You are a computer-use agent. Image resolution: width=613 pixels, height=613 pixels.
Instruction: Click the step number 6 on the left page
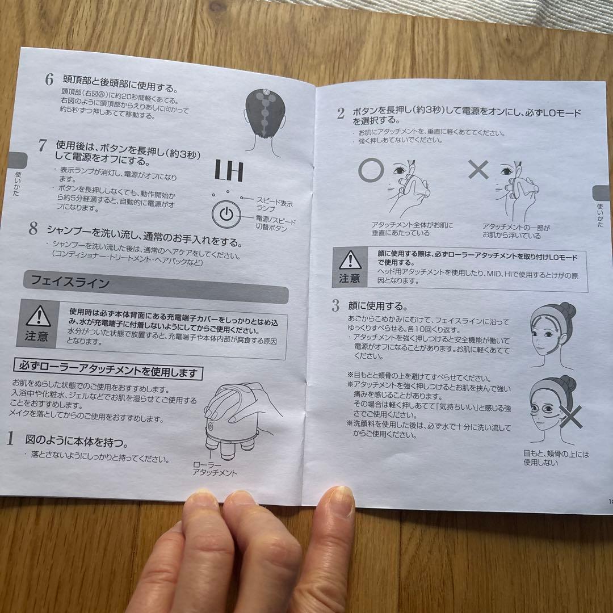click(x=49, y=79)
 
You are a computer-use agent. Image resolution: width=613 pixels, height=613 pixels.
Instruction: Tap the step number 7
click(x=43, y=145)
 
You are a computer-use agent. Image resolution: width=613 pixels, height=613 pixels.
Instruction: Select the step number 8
click(x=33, y=228)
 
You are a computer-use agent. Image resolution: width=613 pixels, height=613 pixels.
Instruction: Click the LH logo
click(x=229, y=171)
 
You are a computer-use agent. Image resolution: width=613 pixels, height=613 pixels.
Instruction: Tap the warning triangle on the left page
click(x=39, y=316)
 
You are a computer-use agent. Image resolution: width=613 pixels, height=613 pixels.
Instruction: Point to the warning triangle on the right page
click(x=350, y=260)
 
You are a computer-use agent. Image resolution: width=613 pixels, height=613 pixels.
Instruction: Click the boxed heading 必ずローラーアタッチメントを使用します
click(x=108, y=370)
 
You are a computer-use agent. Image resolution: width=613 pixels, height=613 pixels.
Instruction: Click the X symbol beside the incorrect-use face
click(x=478, y=170)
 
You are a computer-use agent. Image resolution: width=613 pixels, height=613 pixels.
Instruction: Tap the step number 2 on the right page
click(x=341, y=114)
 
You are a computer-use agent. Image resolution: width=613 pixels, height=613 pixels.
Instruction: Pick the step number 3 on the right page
click(x=336, y=305)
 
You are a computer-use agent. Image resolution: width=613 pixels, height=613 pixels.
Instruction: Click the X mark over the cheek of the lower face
click(x=571, y=417)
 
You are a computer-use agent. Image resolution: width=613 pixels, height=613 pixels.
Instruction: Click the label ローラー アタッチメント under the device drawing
click(x=215, y=468)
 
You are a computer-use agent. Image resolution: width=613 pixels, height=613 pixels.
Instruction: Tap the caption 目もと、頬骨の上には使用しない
click(x=556, y=458)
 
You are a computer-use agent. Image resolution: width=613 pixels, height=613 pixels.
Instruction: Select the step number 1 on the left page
click(x=10, y=438)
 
